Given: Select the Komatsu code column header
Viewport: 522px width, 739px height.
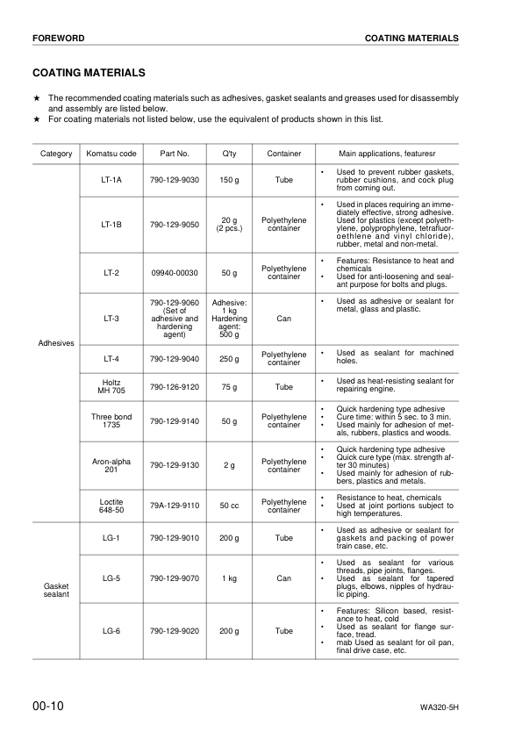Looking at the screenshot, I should click(x=111, y=154).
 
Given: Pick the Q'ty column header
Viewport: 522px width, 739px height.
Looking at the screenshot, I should click(x=229, y=154).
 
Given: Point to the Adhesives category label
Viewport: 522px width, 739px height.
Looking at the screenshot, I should click(x=56, y=342).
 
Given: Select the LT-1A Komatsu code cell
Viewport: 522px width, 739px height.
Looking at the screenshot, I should click(x=111, y=180).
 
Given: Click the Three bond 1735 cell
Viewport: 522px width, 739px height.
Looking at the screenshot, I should click(x=111, y=421).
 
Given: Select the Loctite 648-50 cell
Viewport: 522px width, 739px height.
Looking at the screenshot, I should click(x=111, y=506).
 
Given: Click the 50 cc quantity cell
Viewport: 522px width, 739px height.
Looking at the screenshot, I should click(x=229, y=506).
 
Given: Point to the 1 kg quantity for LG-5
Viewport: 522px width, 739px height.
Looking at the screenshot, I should click(x=229, y=579).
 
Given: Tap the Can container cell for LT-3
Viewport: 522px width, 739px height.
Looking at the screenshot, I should click(x=284, y=319).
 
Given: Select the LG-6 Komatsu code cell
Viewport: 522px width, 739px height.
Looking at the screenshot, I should click(x=111, y=630).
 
